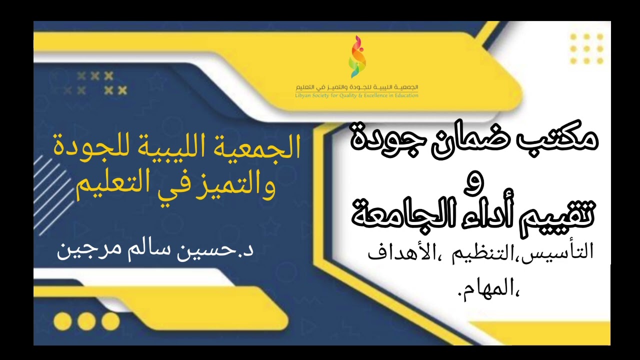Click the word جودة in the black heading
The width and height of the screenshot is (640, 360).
pyautogui.click(x=383, y=137)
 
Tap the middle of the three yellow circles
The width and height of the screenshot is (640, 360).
pyautogui.click(x=86, y=320)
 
